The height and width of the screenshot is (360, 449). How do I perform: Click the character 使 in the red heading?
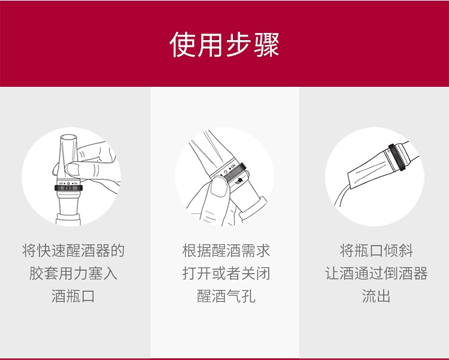(183, 45)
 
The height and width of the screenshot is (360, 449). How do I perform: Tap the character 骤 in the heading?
(266, 45)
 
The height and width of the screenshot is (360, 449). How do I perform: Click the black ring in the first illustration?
(68, 188)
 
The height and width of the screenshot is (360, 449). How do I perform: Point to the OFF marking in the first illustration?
(60, 183)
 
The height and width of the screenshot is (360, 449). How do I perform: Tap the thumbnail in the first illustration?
(72, 169)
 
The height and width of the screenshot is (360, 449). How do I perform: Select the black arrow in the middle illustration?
(239, 180)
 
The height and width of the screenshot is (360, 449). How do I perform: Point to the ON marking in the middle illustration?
(233, 166)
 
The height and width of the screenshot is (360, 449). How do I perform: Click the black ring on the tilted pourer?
(396, 158)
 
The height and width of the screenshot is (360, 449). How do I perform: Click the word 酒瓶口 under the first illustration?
(73, 296)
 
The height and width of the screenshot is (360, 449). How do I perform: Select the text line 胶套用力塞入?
(73, 273)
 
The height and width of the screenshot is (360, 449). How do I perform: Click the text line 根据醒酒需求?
(226, 250)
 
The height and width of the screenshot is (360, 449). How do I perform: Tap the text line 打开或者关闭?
(226, 273)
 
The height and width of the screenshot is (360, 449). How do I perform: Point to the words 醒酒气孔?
(226, 296)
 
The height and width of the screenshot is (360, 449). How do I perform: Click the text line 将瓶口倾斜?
(377, 250)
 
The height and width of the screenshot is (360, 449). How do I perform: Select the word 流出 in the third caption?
(377, 296)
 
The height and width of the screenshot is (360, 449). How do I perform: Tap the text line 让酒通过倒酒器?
(377, 273)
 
